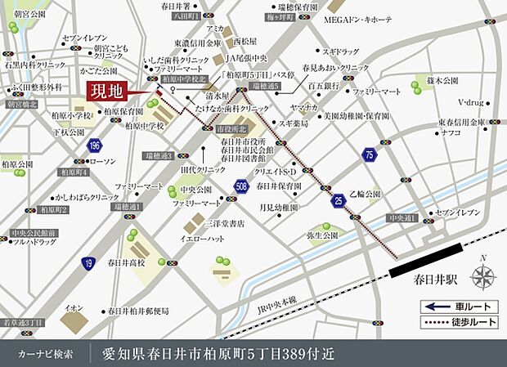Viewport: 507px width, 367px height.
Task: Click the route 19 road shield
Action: pyautogui.click(x=87, y=262)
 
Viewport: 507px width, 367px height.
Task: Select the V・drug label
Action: pyautogui.click(x=473, y=102)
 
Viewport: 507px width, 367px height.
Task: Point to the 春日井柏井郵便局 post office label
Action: pyautogui.click(x=138, y=311)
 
